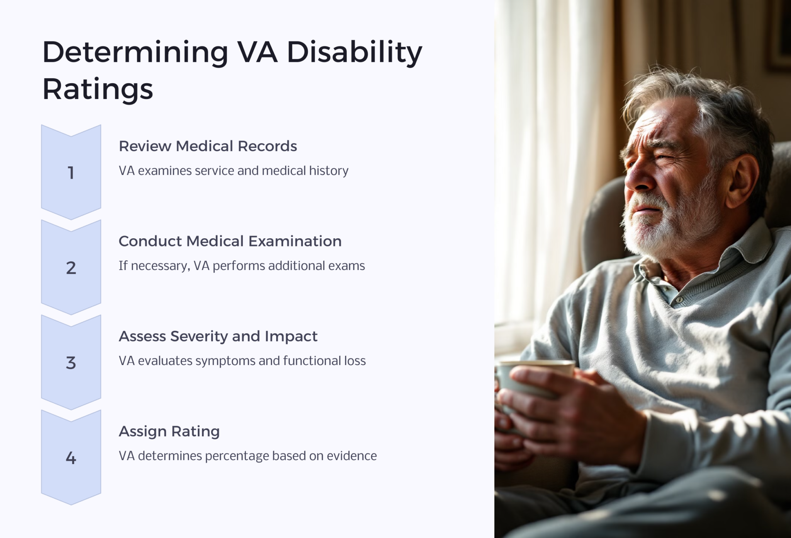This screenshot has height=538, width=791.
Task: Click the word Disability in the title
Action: (354, 52)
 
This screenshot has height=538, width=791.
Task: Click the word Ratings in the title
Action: (97, 89)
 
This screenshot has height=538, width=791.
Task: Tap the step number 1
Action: (71, 173)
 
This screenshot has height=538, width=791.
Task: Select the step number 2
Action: (71, 268)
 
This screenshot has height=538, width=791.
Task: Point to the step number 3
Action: (71, 363)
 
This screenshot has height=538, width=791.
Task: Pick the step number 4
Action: (71, 458)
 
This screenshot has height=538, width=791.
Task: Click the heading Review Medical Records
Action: (208, 146)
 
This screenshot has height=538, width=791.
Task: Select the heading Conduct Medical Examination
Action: (230, 241)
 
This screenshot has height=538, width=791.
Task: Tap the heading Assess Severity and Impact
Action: (218, 336)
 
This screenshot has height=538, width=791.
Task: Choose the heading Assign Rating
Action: (169, 431)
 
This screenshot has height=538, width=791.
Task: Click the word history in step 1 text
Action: (329, 171)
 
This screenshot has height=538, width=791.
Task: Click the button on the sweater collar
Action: (679, 300)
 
